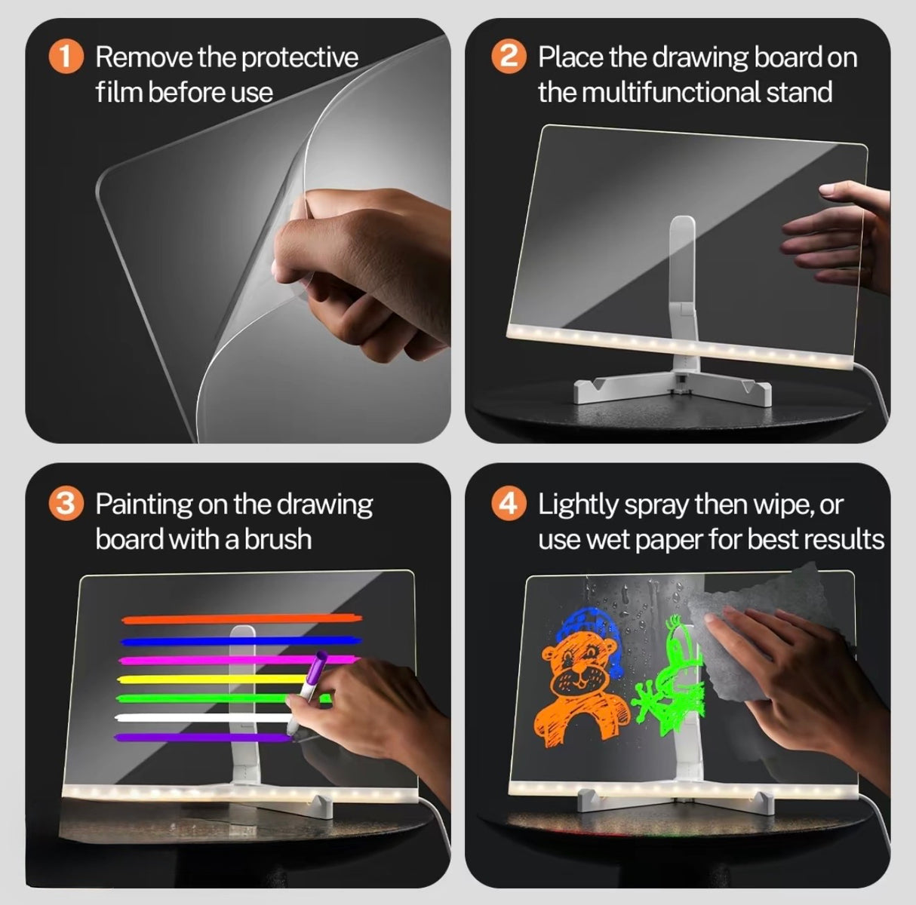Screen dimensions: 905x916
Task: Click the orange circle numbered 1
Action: tap(66, 58)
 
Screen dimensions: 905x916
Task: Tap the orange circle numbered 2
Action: tap(509, 58)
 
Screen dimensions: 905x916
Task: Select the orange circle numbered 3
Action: tap(66, 504)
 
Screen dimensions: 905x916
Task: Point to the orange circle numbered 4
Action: tap(509, 504)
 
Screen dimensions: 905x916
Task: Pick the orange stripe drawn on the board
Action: tap(241, 619)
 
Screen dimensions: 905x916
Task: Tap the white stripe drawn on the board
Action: tap(196, 718)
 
